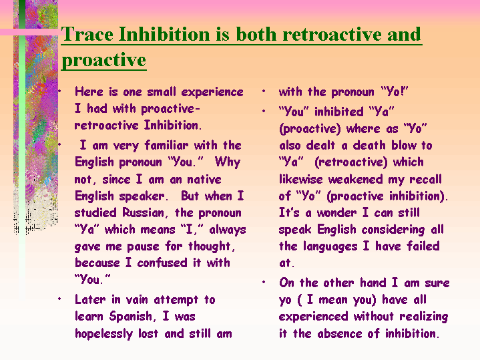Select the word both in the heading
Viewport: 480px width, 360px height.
pos(256,33)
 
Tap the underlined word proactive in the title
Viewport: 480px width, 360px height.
pos(104,59)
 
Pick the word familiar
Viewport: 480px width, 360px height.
pos(166,145)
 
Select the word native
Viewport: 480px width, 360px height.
pos(204,179)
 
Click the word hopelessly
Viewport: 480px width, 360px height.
pos(103,334)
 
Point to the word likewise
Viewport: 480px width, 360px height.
pos(300,179)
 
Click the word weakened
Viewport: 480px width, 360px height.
pos(355,179)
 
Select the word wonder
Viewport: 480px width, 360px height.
pos(336,212)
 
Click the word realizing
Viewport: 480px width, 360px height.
pos(424,317)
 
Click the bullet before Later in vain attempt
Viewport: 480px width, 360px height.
pos(59,299)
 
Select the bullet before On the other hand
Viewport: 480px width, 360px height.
pos(264,282)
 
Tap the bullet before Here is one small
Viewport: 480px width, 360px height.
pos(59,91)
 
